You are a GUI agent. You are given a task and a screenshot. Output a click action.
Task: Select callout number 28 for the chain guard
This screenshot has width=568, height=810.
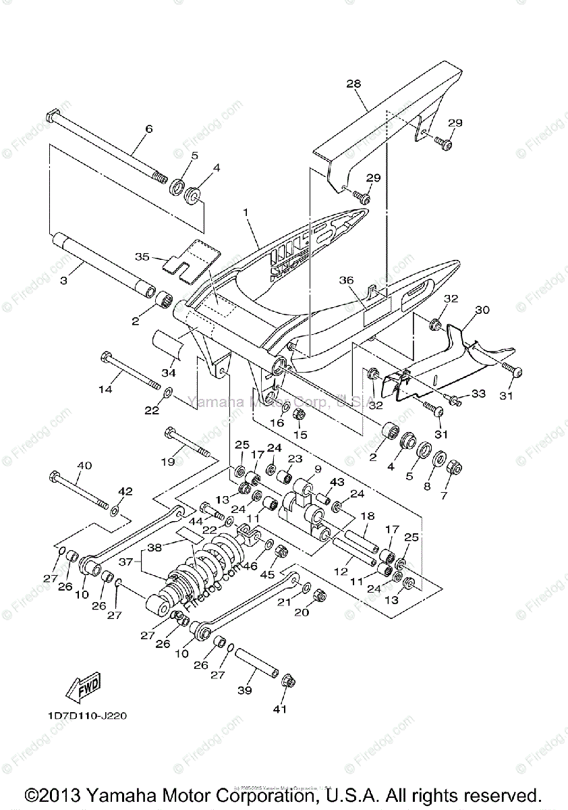(x=353, y=84)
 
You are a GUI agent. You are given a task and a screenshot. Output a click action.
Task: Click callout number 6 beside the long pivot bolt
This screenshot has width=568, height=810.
(x=149, y=129)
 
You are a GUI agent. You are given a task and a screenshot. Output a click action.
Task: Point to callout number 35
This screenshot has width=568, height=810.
(x=142, y=257)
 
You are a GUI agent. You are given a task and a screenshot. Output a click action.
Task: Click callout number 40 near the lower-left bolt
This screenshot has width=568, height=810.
(x=84, y=466)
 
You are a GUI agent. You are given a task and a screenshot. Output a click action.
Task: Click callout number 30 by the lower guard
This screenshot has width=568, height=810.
(x=482, y=310)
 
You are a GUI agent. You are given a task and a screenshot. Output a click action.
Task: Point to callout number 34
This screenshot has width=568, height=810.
(x=168, y=372)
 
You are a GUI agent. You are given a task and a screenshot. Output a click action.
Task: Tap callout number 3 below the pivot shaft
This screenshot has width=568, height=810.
(x=63, y=279)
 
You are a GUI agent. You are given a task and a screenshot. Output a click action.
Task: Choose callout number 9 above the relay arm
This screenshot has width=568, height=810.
(x=318, y=468)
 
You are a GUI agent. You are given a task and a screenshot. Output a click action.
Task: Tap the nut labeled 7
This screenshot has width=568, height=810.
(x=455, y=466)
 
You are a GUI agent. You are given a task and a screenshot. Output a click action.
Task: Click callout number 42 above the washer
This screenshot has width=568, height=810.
(x=125, y=491)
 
